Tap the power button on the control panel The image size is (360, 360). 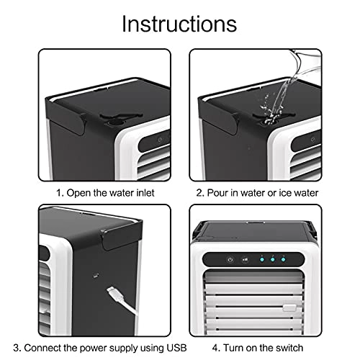(229, 260)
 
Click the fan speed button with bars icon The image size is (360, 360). (245, 260)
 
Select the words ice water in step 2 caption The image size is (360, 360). (297, 193)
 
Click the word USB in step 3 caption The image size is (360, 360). (159, 343)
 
